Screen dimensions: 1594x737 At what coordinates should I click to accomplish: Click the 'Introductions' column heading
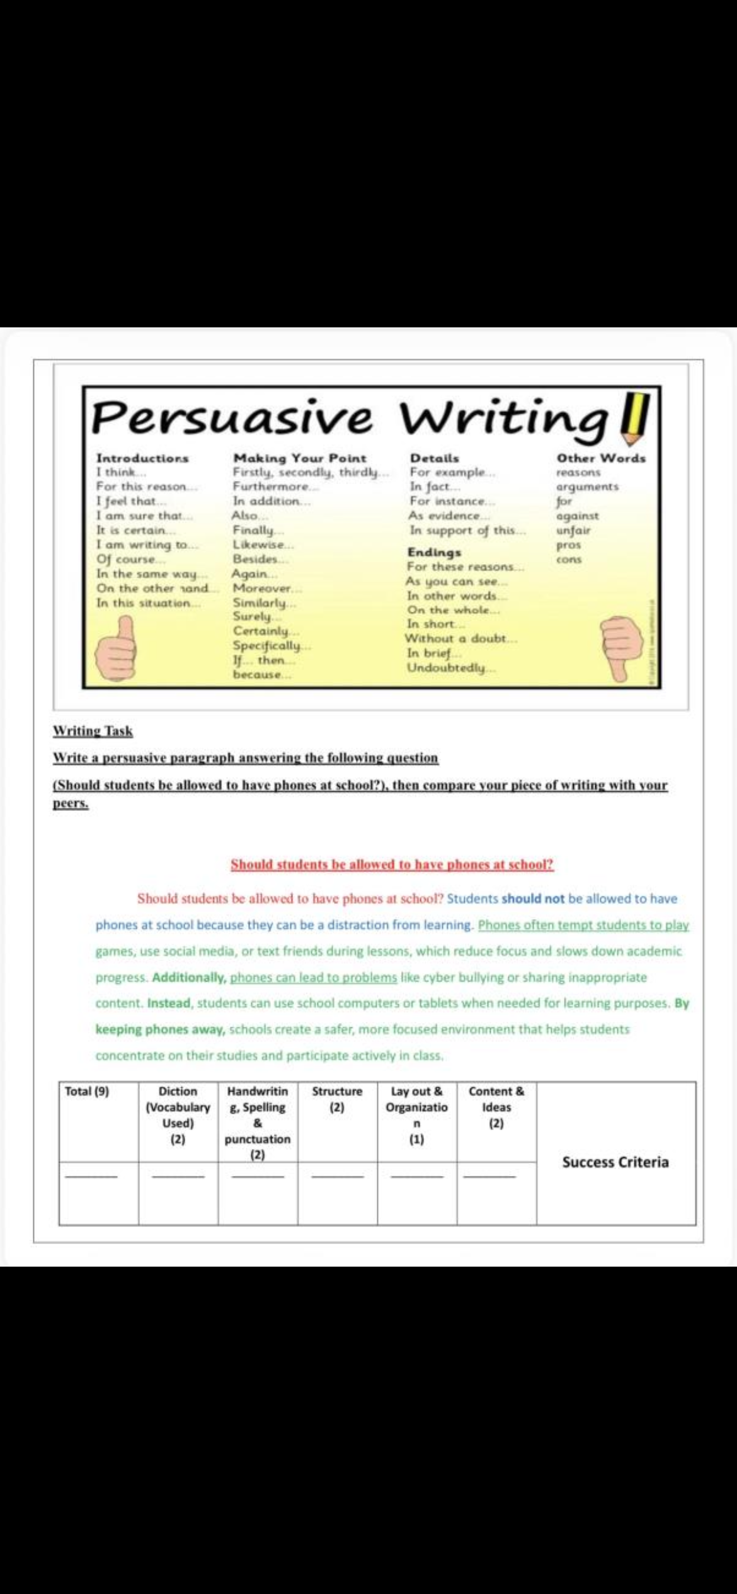tap(142, 458)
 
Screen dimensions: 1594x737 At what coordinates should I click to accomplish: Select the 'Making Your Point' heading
tap(299, 458)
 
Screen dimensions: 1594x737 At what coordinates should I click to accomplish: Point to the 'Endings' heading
tap(434, 552)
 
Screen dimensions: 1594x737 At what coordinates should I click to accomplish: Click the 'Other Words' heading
tap(601, 458)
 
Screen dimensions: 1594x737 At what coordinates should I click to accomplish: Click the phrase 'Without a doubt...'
tap(460, 638)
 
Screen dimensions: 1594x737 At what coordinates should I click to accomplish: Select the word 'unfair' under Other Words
tap(573, 530)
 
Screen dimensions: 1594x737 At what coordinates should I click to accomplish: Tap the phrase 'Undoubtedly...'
tap(451, 667)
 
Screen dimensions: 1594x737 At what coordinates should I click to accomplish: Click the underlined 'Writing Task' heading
tap(93, 731)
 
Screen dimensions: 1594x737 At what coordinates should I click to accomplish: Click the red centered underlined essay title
tap(392, 864)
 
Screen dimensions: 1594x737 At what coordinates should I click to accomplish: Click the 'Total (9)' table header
tap(87, 1092)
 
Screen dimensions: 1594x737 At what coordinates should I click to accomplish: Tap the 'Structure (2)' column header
tap(337, 1099)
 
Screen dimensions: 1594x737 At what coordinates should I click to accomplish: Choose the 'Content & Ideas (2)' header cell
tap(496, 1107)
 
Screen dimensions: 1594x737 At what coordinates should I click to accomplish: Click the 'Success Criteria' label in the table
tap(615, 1162)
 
